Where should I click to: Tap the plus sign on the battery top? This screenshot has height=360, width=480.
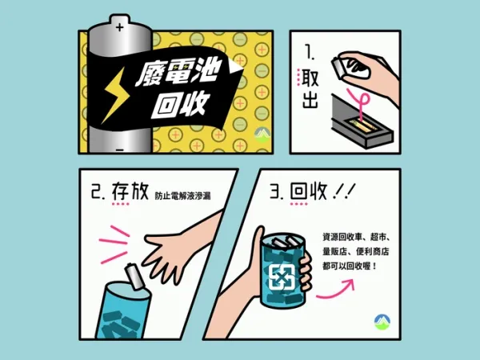(x=120, y=27)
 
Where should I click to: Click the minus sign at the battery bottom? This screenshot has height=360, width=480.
(x=120, y=150)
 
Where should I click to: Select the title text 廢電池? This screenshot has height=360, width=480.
(x=178, y=73)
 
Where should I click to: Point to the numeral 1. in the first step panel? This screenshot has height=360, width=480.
(x=310, y=52)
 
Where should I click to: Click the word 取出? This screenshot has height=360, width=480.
(x=310, y=89)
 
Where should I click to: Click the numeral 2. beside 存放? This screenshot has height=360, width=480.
(x=98, y=192)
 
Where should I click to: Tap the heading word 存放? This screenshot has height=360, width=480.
(x=130, y=191)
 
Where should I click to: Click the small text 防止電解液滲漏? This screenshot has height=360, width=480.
(x=182, y=196)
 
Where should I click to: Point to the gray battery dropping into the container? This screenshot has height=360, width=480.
(x=134, y=277)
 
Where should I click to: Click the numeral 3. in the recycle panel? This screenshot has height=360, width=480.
(x=278, y=192)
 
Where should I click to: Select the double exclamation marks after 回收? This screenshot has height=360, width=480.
(x=345, y=191)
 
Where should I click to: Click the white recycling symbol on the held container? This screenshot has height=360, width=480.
(x=282, y=278)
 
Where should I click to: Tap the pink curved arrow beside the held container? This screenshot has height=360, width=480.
(x=336, y=289)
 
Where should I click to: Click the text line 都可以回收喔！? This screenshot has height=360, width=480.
(x=350, y=266)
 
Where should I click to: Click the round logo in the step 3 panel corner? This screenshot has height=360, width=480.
(x=382, y=322)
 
